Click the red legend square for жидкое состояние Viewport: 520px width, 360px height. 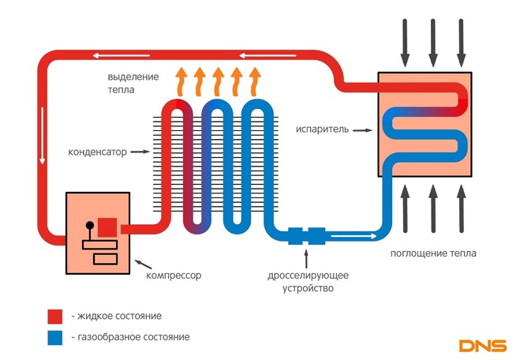point(54,316)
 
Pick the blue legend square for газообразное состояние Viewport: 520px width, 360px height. point(54,337)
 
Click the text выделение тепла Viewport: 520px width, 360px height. point(133,84)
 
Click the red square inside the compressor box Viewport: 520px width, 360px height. point(107,227)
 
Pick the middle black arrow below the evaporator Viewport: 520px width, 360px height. point(432,209)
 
